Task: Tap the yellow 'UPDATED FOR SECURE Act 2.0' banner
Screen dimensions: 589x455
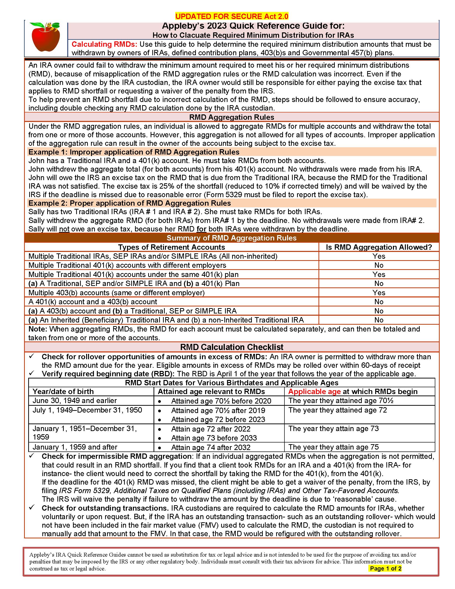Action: coord(232,17)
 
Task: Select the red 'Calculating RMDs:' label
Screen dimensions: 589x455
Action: coord(104,44)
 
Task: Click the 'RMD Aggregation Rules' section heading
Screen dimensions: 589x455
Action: coord(232,117)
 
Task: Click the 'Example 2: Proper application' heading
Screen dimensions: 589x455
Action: coord(130,203)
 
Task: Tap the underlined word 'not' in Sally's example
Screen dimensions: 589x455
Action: coord(64,229)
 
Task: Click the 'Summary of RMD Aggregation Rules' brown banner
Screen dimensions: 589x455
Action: coord(232,238)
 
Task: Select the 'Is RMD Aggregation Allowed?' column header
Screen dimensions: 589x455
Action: coord(379,247)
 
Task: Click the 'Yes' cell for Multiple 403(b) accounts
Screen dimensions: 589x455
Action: coord(379,293)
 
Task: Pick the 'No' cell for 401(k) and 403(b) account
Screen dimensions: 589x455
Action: coord(379,302)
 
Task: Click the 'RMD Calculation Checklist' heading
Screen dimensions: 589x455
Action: coord(232,347)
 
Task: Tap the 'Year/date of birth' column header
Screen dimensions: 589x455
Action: coord(63,392)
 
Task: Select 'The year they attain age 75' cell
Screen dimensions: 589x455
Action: coord(333,447)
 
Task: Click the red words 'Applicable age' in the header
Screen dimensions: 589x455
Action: coord(314,392)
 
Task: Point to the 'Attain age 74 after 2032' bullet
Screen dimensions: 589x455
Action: coord(211,448)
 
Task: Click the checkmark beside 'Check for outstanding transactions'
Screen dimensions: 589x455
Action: coord(32,507)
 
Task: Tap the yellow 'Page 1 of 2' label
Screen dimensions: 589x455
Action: coord(385,569)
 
